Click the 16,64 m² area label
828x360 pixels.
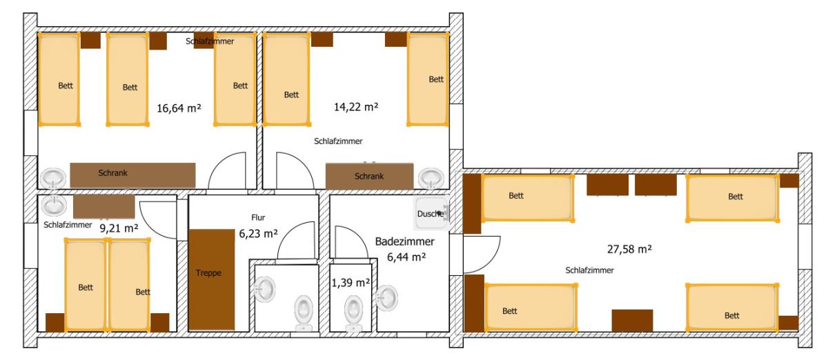(179, 108)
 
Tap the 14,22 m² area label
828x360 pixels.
(356, 107)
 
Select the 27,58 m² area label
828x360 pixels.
(629, 249)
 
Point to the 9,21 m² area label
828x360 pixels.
(119, 228)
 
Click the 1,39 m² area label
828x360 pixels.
(351, 283)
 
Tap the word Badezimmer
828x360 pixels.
(405, 241)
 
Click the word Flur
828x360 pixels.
(258, 217)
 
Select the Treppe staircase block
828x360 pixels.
(212, 280)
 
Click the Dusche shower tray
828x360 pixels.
(432, 214)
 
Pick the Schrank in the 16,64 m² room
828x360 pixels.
(132, 175)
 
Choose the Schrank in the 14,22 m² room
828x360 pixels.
(369, 177)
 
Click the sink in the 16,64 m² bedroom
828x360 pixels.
(53, 179)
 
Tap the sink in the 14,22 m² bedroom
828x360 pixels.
(431, 179)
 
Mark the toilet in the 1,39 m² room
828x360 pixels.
(353, 313)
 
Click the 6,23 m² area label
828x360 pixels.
(258, 234)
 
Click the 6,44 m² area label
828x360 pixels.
(406, 257)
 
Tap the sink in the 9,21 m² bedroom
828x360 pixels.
(54, 206)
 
